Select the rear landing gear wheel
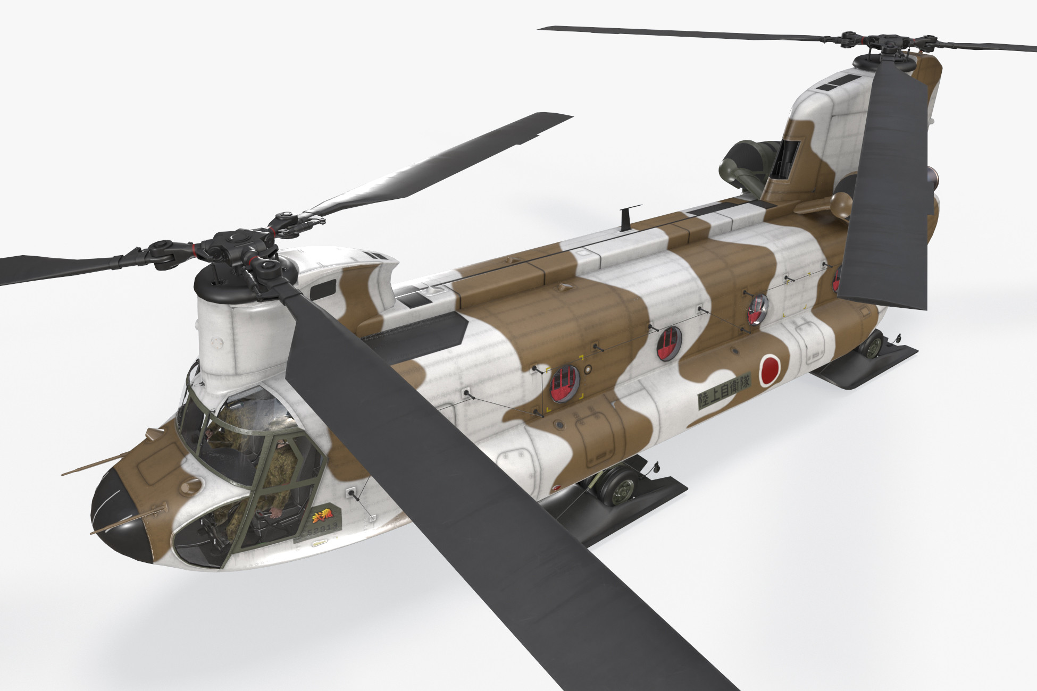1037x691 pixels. pos(872,346)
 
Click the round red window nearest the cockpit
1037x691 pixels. pos(563,383)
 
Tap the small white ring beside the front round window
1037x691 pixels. pos(588,369)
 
